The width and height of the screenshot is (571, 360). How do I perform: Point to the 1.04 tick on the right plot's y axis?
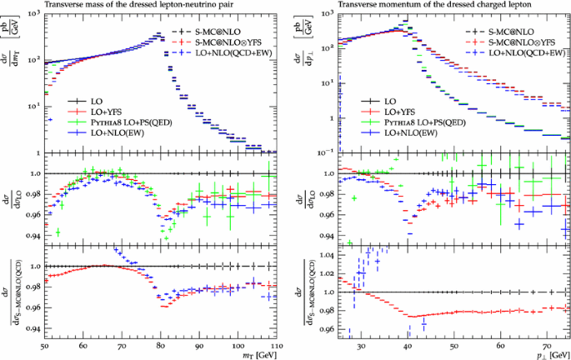(327, 254)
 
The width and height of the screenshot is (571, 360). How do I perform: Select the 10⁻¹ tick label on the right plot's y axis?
(324, 148)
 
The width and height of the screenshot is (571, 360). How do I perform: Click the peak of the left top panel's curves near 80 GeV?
(158, 35)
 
